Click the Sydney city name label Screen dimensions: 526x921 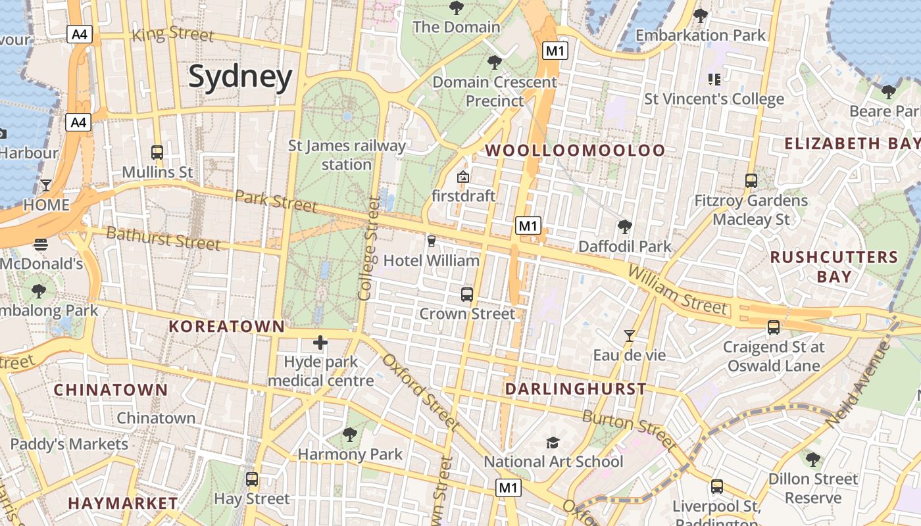click(240, 77)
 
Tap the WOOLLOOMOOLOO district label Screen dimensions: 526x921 click(576, 151)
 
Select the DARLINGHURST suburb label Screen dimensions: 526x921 click(576, 389)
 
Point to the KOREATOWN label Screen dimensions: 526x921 click(227, 326)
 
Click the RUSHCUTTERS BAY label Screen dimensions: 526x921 click(834, 266)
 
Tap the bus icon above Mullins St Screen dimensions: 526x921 click(157, 153)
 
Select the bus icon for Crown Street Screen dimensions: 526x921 click(467, 294)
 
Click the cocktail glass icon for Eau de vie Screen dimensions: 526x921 click(630, 336)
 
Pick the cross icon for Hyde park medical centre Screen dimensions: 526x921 click(320, 343)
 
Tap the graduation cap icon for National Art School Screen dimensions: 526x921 click(553, 442)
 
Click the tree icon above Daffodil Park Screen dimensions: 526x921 click(625, 227)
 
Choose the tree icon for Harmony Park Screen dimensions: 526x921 click(350, 435)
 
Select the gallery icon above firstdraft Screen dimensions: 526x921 click(463, 176)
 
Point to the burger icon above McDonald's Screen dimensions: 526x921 click(41, 245)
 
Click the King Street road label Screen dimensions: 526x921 click(173, 34)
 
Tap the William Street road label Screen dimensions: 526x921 click(678, 290)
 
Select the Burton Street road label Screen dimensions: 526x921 click(629, 430)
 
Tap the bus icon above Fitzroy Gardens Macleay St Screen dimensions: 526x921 click(751, 180)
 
